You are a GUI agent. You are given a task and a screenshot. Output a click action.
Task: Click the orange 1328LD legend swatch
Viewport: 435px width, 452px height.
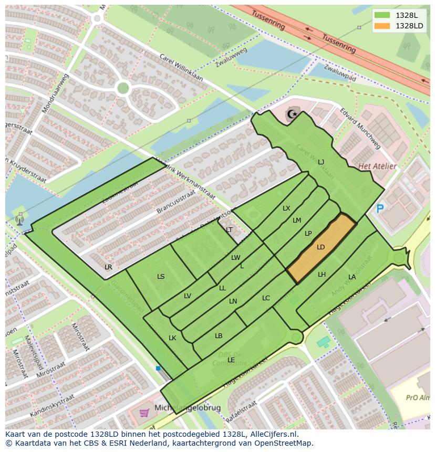pos(382,26)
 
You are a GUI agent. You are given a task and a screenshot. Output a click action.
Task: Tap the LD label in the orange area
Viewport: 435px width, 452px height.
pos(321,247)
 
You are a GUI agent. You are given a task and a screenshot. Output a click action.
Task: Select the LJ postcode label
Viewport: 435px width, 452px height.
pos(321,162)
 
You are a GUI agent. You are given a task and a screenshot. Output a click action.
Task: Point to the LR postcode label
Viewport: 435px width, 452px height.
pos(108,267)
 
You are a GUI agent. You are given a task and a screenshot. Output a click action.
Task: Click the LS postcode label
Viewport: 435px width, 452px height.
pos(161,277)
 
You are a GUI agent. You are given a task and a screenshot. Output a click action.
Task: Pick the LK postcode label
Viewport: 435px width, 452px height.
pos(172,338)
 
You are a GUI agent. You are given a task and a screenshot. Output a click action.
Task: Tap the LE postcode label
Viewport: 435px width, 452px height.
pos(231,360)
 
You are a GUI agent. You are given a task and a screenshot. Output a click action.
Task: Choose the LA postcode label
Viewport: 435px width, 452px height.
pos(352,277)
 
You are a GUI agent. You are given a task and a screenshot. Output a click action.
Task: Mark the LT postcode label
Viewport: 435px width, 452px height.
pos(229,230)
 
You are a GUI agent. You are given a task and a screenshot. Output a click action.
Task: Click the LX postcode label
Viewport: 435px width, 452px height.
pos(286,208)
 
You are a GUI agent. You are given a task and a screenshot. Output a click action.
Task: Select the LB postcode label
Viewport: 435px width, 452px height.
pos(219,336)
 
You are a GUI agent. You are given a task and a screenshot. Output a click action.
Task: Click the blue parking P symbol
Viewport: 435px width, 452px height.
pos(380,209)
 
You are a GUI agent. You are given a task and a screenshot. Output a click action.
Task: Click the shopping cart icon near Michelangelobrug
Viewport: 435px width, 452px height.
pos(144,413)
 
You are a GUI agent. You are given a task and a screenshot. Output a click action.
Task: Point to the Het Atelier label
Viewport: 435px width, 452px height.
pos(377,166)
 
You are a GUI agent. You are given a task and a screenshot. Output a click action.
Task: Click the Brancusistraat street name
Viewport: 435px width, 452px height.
pos(176,202)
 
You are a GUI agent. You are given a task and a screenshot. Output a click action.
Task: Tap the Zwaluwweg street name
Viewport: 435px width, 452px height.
pos(231,58)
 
